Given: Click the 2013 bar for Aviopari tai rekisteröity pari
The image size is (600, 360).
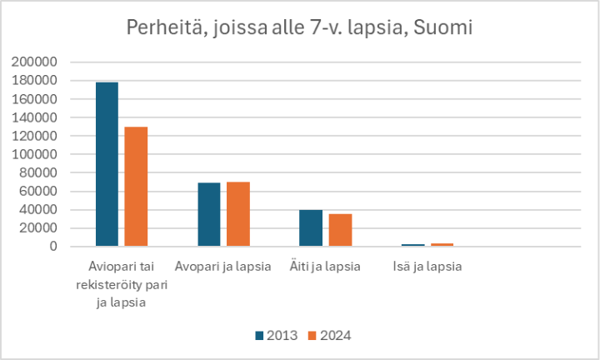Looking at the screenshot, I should (x=107, y=164).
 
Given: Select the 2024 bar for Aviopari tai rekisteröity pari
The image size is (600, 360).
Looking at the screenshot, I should (x=136, y=187).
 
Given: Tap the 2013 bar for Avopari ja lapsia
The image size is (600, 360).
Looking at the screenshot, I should (x=209, y=214).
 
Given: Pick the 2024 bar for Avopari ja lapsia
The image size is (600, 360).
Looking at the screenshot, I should (x=238, y=214).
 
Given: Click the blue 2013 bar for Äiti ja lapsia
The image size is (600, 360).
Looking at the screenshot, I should (x=311, y=227).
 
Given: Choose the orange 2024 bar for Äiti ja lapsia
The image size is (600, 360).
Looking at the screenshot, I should (x=340, y=230).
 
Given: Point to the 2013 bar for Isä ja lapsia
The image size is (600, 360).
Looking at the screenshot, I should (x=412, y=245).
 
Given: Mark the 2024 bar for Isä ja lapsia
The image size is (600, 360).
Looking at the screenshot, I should (x=442, y=244).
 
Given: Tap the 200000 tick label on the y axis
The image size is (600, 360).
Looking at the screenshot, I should (x=33, y=62).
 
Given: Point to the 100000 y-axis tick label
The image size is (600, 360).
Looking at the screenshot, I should (x=33, y=154).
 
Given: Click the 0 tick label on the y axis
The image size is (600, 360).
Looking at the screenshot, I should (x=52, y=247).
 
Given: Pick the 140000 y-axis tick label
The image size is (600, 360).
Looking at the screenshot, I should (x=33, y=117).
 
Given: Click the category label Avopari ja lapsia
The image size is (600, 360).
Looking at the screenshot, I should (x=222, y=267).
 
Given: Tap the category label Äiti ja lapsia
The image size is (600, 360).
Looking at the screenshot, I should (x=326, y=267).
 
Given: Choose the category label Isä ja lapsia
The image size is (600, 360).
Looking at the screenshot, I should (x=427, y=267).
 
